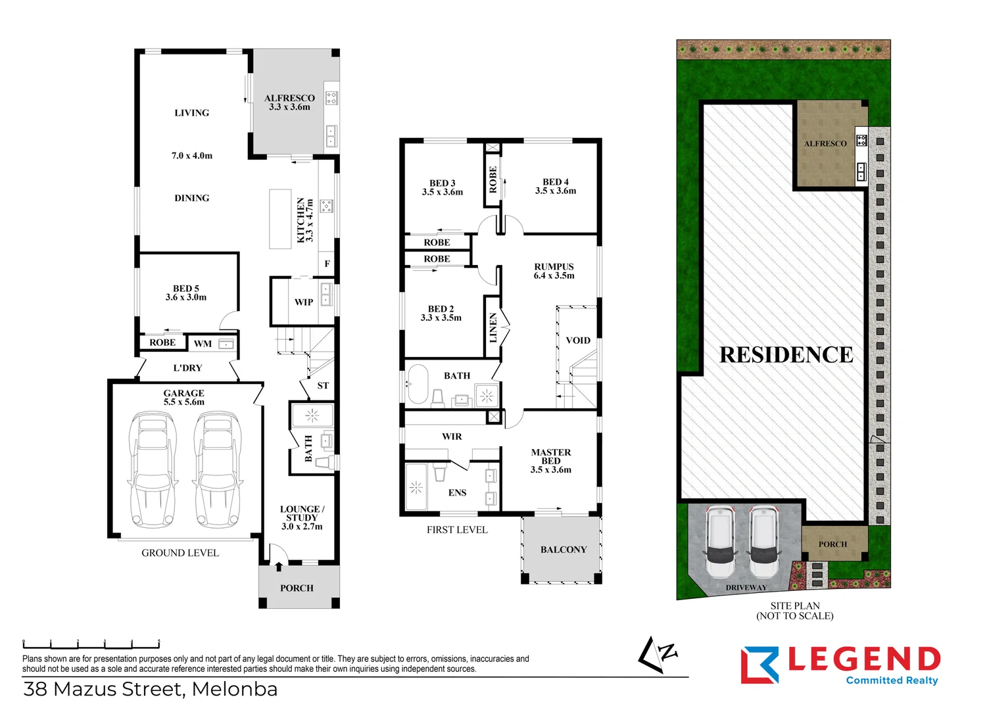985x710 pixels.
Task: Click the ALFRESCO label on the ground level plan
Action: tap(289, 102)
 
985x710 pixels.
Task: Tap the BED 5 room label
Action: tap(186, 293)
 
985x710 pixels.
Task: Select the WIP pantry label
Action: tap(304, 302)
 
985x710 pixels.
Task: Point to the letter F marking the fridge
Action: tap(327, 264)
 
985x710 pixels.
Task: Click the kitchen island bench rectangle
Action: tap(280, 219)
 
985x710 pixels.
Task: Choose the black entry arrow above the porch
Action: tap(279, 566)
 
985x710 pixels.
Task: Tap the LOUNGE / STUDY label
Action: tap(302, 517)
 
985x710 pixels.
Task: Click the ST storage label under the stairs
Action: tap(323, 386)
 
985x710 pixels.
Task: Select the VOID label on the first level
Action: tap(578, 341)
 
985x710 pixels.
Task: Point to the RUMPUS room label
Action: tap(554, 271)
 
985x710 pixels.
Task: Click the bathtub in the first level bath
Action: tap(418, 384)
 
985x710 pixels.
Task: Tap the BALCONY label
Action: tap(564, 550)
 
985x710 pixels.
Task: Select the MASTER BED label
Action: tap(551, 461)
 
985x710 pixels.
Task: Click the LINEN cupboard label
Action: tap(493, 327)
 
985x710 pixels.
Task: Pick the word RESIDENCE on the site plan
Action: tap(786, 355)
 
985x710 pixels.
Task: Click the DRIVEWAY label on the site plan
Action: tap(746, 588)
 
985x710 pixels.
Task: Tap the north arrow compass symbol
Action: tap(658, 655)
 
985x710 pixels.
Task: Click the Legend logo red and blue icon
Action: tap(759, 665)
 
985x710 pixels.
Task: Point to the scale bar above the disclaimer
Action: tap(91, 644)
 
